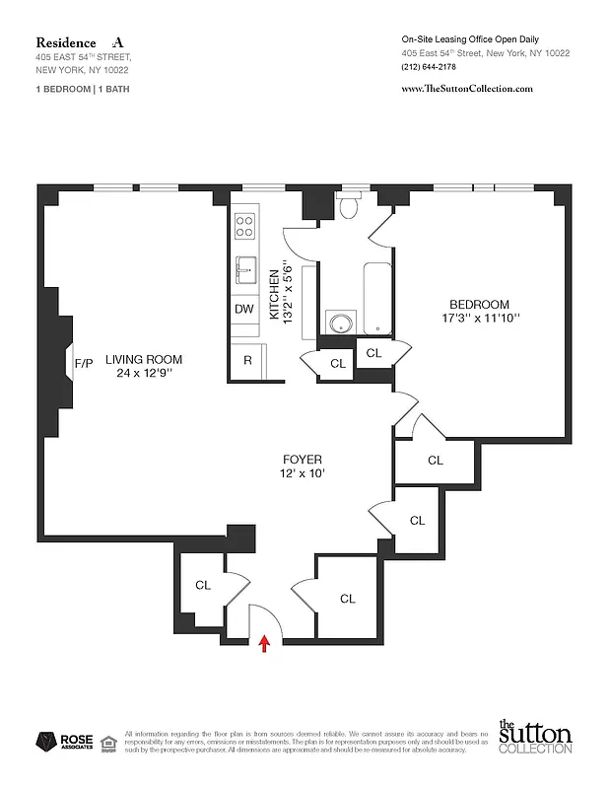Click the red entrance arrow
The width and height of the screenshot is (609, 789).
(264, 645)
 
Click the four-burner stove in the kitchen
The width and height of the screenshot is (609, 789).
(244, 226)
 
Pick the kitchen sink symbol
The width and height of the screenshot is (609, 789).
(245, 267)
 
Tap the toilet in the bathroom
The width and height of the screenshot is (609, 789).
(349, 206)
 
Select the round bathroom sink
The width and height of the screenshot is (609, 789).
(341, 323)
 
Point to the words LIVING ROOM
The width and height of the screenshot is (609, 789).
(144, 360)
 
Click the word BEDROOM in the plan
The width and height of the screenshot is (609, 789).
(479, 305)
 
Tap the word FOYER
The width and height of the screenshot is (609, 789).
(303, 460)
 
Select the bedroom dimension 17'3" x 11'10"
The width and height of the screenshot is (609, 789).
(479, 319)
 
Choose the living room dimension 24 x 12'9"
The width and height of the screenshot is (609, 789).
(144, 374)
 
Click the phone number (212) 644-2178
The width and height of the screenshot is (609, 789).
(429, 67)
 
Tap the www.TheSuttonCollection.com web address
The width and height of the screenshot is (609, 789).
(467, 88)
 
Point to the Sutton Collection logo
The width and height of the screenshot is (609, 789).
(534, 738)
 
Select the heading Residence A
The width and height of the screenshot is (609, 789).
(81, 42)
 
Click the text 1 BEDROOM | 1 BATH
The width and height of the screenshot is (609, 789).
(82, 89)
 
